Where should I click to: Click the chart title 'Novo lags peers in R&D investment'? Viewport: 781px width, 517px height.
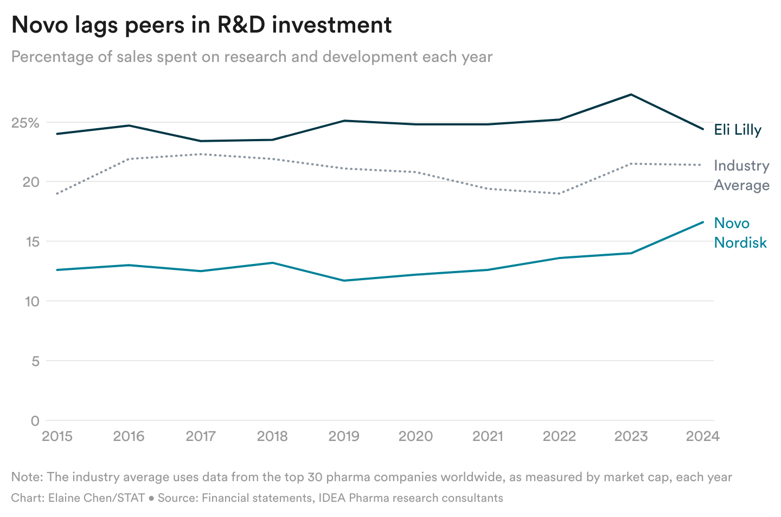point(201,26)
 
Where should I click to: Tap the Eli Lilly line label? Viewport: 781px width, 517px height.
point(738,130)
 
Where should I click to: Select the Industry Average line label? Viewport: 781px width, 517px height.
point(741,175)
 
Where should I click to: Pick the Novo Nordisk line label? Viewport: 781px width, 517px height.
point(740,233)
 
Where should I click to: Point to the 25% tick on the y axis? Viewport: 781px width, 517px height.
point(25,123)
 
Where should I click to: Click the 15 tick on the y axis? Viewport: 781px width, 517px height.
point(31,242)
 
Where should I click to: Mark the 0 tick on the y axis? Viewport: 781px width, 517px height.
point(35,421)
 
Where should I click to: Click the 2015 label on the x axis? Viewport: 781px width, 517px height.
point(57,437)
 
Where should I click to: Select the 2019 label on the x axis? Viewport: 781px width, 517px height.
point(344,437)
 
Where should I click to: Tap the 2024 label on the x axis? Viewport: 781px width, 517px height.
point(702,437)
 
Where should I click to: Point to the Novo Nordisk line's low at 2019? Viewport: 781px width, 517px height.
point(344,281)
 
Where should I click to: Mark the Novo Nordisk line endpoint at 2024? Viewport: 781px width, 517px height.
point(703,222)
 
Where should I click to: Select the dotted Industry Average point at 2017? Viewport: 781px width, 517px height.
point(201,154)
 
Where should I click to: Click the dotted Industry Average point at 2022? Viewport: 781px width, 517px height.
point(559,193)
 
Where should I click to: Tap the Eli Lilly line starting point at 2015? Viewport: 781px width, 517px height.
point(57,134)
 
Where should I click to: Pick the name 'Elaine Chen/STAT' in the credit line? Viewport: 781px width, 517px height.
point(97,498)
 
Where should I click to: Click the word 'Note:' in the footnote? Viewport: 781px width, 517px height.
point(27,477)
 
